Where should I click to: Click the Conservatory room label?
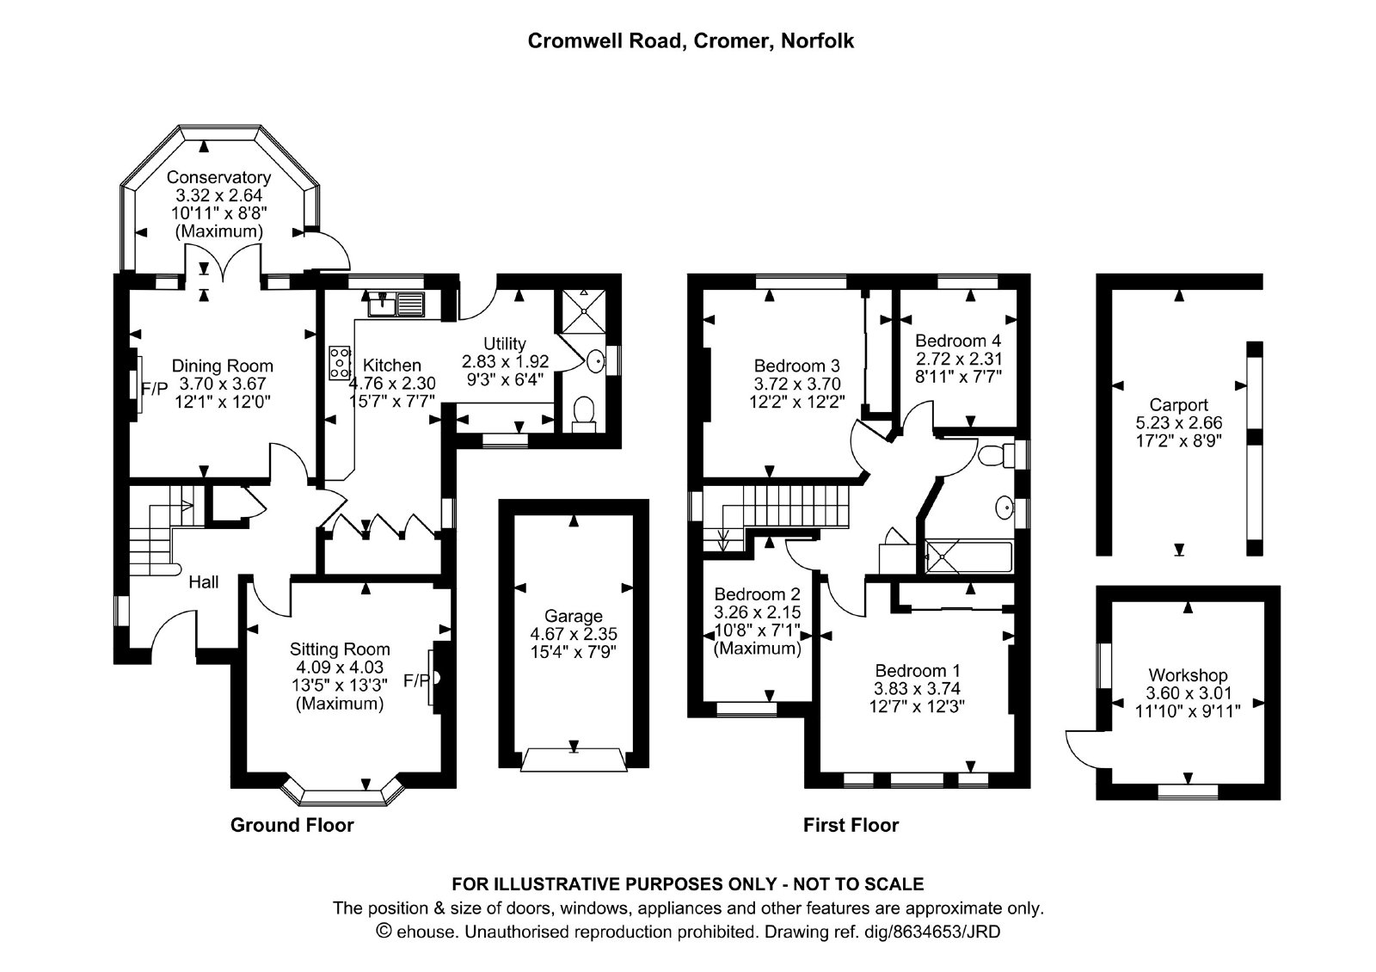218,177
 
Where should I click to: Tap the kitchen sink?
396,305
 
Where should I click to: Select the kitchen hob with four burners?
340,363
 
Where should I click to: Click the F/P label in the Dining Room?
155,388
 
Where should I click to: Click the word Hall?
203,581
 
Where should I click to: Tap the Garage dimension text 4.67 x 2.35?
574,633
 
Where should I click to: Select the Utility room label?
504,343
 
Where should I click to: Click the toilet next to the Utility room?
584,414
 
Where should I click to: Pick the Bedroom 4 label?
958,341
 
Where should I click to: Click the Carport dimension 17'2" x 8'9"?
1178,440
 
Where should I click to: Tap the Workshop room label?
1188,675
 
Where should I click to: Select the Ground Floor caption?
292,825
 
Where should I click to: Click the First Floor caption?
851,825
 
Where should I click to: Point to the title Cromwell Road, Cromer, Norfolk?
691,40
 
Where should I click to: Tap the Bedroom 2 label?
758,594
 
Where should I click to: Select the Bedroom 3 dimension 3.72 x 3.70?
796,384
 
